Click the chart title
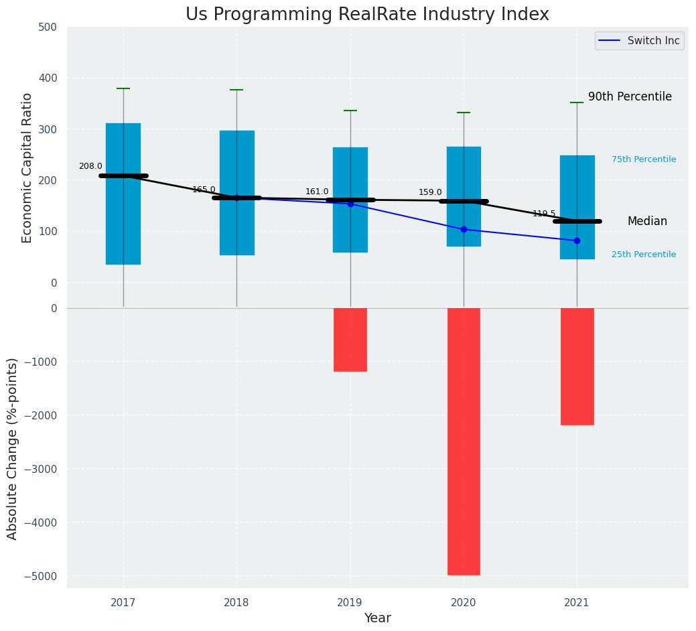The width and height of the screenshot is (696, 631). pyautogui.click(x=367, y=15)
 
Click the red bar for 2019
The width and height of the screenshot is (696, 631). pyautogui.click(x=350, y=340)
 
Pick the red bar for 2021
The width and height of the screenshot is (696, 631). pyautogui.click(x=577, y=366)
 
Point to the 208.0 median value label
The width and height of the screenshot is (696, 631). pyautogui.click(x=90, y=166)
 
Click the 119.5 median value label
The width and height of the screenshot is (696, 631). pyautogui.click(x=544, y=214)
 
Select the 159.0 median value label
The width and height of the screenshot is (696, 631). pyautogui.click(x=430, y=192)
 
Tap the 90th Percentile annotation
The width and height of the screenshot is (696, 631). pyautogui.click(x=630, y=96)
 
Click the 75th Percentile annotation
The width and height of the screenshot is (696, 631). pyautogui.click(x=644, y=159)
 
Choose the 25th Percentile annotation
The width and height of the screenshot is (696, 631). pyautogui.click(x=644, y=255)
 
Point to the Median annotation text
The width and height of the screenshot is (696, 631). pyautogui.click(x=647, y=222)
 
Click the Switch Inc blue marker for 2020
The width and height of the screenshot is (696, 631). pyautogui.click(x=464, y=229)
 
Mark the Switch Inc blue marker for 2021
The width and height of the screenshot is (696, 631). pyautogui.click(x=577, y=240)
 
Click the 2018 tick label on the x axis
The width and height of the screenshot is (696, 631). pyautogui.click(x=236, y=603)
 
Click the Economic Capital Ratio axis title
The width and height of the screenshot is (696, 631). pyautogui.click(x=27, y=167)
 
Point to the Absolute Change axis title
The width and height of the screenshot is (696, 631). pyautogui.click(x=13, y=448)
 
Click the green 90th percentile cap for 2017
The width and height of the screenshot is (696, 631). pyautogui.click(x=123, y=88)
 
